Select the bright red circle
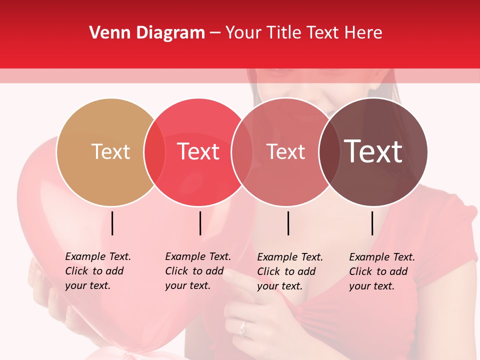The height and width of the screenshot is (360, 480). click(198, 175)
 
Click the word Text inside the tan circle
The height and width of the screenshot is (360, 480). click(110, 151)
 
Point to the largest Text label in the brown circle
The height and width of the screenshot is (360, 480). click(373, 151)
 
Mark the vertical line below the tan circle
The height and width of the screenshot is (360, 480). click(112, 223)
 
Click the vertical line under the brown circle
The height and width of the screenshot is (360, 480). click(372, 223)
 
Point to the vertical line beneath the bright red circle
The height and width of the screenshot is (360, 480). click(200, 223)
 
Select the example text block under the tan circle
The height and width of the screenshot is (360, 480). click(98, 271)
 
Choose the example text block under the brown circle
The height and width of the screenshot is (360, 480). click(382, 271)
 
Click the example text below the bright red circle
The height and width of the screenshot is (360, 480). click(198, 271)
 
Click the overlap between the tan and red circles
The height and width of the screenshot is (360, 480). click(154, 152)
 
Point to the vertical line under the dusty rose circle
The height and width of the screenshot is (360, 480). click(288, 223)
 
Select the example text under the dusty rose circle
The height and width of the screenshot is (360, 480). click(290, 271)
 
